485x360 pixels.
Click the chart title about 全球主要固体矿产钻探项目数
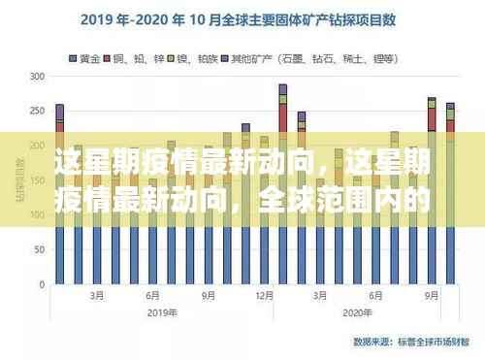242,18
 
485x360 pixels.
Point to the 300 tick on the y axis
38,76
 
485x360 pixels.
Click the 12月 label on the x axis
264,296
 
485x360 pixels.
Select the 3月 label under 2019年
97,296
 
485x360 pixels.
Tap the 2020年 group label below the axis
357,312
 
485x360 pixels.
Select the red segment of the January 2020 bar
282,116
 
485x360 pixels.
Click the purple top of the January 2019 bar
60,112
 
